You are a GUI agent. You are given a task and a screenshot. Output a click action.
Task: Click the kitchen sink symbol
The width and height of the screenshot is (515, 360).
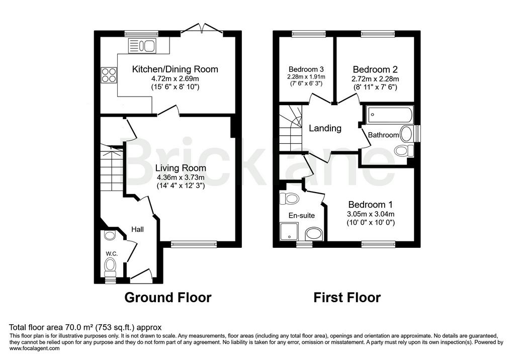pos(142,45)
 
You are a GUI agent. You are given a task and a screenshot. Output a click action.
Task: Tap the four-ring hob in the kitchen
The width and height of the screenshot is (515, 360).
pos(109,75)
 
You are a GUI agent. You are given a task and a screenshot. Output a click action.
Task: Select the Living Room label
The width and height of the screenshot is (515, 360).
pos(181,168)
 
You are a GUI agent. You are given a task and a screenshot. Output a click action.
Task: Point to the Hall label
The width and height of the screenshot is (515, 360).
pos(138,229)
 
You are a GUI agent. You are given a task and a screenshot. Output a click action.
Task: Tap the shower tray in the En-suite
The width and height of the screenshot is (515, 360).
pos(289,231)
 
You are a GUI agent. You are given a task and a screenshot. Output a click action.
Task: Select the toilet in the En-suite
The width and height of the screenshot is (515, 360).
pos(289,199)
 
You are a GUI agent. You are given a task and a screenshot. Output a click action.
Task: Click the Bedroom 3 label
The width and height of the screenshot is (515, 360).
pos(306,69)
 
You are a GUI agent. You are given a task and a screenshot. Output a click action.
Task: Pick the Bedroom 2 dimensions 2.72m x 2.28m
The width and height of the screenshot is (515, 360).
pos(375,79)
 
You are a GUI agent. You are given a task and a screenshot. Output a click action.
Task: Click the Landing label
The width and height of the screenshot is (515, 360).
pos(325,128)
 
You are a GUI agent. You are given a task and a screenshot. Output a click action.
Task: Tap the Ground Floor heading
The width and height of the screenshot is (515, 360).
pos(168,298)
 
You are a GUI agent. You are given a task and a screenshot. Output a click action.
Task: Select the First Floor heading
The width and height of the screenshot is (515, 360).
pos(347,298)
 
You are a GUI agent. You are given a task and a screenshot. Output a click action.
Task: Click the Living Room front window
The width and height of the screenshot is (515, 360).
pos(194,244)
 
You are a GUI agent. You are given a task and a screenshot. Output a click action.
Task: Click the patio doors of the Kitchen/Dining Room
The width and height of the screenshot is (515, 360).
pos(202,29)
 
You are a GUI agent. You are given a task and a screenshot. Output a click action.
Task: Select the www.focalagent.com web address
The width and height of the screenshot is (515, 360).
pos(35,348)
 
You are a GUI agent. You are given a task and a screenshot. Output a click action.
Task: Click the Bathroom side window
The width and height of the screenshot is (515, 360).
pos(417,133)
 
